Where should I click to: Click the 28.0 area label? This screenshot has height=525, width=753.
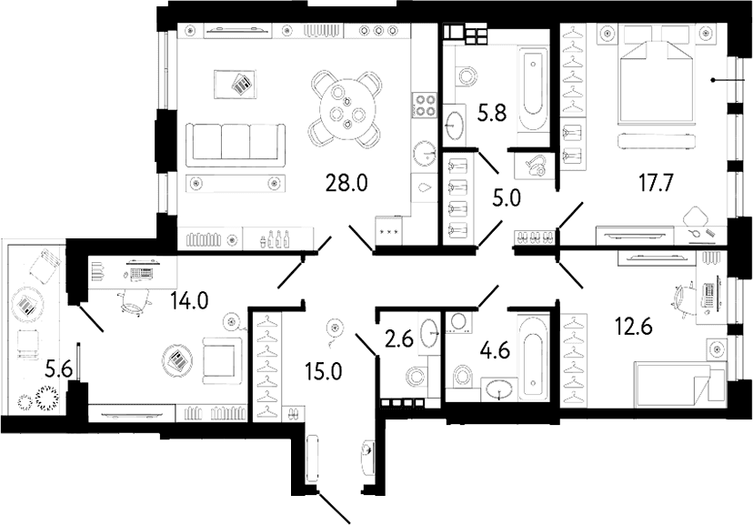(x=346, y=183)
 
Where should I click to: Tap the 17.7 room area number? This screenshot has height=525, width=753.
(x=656, y=183)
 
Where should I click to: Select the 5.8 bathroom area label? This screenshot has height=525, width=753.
(x=493, y=114)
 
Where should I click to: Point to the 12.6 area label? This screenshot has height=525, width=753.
(x=634, y=328)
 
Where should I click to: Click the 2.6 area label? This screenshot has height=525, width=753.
(x=399, y=340)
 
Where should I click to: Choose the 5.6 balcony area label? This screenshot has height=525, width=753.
(x=58, y=369)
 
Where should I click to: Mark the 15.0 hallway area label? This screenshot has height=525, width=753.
(x=323, y=371)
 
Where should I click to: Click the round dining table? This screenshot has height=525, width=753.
(x=346, y=109)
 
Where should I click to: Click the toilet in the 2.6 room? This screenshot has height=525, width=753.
(x=416, y=376)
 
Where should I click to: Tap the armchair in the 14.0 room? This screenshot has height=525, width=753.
(x=220, y=360)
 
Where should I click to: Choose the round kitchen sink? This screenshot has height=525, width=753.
(x=425, y=153)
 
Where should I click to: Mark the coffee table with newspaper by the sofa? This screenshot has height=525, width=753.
(x=235, y=85)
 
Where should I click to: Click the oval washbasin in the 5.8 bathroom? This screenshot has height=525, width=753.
(x=453, y=124)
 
